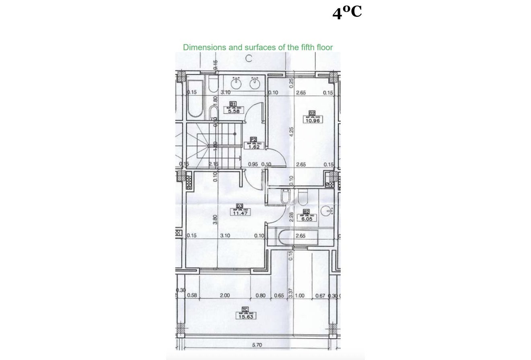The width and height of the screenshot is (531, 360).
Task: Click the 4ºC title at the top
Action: (347, 13)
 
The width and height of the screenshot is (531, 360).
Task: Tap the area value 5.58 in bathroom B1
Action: (234, 111)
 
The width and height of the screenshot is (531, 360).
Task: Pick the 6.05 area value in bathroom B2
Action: (305, 219)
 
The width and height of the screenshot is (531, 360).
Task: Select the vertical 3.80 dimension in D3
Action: (215, 220)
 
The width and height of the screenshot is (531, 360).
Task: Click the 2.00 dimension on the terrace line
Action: (224, 296)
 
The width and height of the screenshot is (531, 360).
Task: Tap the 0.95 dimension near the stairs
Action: (253, 164)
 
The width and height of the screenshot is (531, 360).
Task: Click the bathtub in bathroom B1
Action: (195, 99)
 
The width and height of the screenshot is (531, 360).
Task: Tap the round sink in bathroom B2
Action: (328, 210)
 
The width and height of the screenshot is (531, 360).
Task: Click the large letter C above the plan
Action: (249, 59)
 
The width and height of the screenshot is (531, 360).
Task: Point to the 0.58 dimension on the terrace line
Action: (192, 296)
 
